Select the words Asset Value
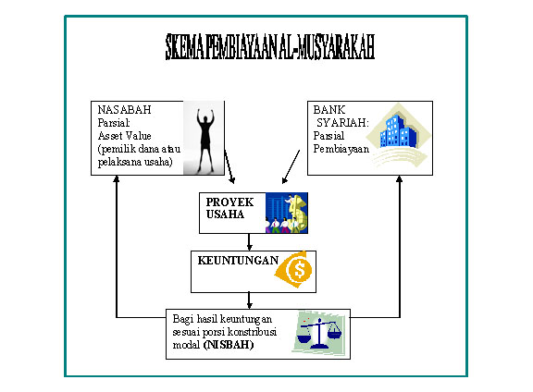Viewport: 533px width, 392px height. point(126,133)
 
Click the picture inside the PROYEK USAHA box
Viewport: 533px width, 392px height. point(286,212)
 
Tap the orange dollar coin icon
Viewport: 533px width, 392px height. point(297,269)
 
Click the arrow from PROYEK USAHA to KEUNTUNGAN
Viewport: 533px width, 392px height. point(251,240)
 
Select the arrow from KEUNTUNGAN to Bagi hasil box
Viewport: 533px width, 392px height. point(251,298)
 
